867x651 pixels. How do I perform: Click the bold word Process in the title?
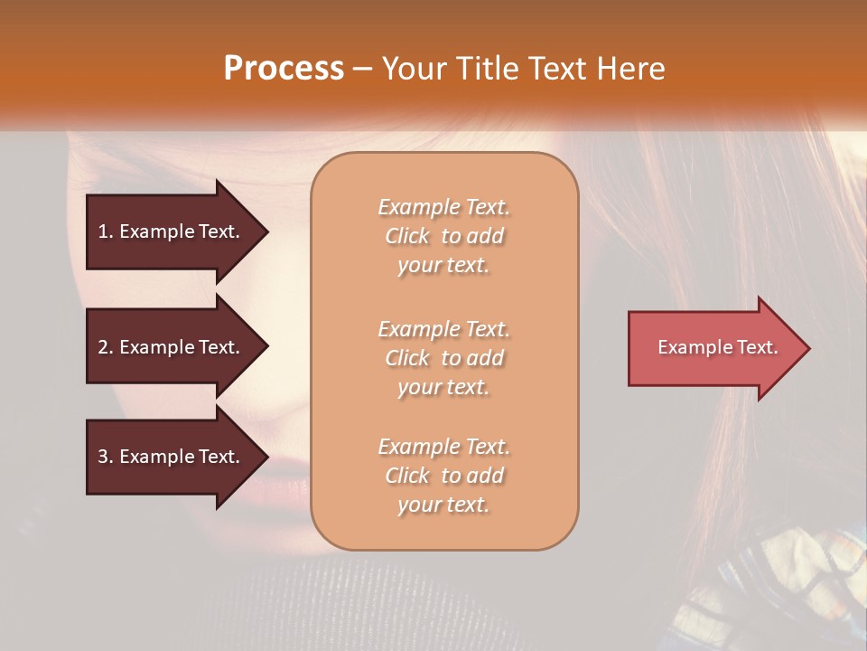[284, 69]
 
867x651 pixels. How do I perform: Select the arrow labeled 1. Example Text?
[172, 231]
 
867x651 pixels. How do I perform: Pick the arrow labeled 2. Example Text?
[172, 347]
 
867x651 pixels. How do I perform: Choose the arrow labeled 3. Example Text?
[172, 457]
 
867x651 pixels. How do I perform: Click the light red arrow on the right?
[713, 348]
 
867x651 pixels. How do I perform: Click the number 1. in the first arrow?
[106, 231]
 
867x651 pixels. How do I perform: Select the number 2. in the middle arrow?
[106, 347]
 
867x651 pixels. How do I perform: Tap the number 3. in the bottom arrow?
[106, 457]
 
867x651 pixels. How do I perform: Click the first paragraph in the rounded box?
[443, 236]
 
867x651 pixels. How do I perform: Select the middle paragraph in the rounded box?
[443, 358]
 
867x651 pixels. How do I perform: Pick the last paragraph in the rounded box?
[443, 476]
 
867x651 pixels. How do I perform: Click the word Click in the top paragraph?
[407, 237]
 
